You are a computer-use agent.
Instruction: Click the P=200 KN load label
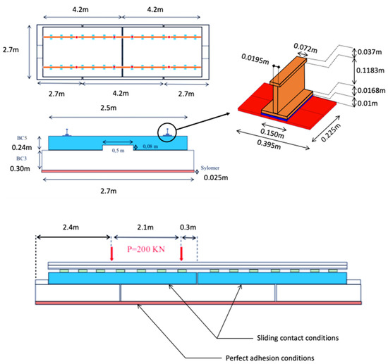pos(146,249)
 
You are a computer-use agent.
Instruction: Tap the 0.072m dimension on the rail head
pos(305,48)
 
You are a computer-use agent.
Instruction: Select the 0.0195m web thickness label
pos(255,59)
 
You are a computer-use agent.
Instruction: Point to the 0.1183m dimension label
pos(370,70)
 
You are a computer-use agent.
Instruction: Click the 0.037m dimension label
pos(370,52)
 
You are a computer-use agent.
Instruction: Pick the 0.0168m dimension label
pos(371,91)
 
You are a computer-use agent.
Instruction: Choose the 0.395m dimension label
pos(269,144)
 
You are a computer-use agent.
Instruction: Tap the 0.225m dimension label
pos(331,132)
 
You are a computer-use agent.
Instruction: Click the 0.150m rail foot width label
pos(272,133)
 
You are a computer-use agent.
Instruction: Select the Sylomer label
pos(210,168)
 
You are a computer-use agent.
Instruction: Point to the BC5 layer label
pos(22,138)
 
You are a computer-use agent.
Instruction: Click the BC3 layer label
pos(22,158)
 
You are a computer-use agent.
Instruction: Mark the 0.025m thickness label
pos(216,178)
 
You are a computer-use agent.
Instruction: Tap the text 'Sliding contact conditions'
pos(298,338)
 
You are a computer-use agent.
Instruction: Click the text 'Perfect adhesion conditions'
pos(270,358)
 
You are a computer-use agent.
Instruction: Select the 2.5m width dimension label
pos(109,108)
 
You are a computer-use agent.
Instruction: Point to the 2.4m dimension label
pos(71,227)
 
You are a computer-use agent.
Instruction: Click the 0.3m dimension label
pos(188,227)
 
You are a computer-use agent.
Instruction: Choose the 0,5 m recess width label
pos(118,151)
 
